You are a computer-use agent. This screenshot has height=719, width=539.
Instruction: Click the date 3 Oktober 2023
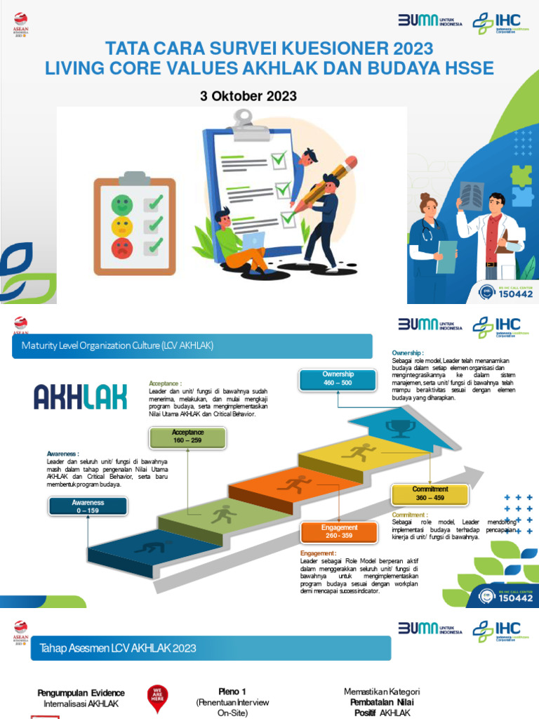(248, 96)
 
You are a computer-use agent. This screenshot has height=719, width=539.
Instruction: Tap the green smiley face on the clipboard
(122, 205)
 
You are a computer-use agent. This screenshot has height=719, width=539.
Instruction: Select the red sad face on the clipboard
(121, 247)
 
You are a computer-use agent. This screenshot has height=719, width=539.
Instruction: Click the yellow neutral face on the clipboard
(122, 226)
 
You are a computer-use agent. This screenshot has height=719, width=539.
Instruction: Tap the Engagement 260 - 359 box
(340, 532)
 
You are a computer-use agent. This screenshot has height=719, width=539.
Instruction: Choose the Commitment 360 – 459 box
(430, 493)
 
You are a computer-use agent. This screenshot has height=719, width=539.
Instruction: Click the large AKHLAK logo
(81, 397)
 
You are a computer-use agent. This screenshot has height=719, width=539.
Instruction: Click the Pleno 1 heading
(232, 692)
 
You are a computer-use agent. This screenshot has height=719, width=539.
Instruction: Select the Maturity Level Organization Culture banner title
(117, 346)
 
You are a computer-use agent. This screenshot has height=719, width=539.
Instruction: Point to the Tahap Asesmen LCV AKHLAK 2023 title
(118, 647)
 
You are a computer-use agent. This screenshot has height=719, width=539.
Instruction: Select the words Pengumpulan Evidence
(81, 693)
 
